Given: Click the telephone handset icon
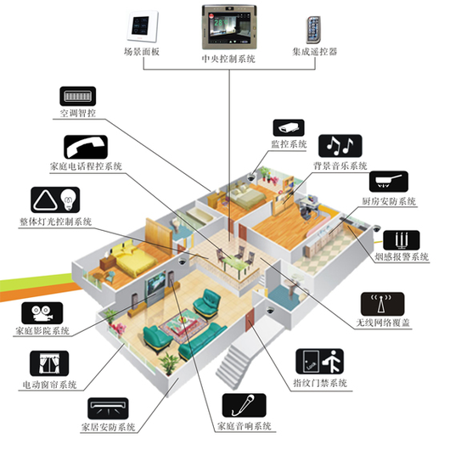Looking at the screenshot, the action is [86, 147].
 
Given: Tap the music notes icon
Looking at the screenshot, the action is [340, 146].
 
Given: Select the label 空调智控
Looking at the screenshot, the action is [78, 113].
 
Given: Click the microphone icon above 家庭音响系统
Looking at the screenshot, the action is [244, 405].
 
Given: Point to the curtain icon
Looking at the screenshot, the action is [49, 363].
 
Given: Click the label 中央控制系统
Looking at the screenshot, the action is [228, 59].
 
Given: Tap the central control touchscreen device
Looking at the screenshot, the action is [229, 27].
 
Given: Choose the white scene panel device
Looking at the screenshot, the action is [142, 26].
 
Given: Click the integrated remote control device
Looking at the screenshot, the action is [313, 30].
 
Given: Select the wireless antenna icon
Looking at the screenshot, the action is [382, 304].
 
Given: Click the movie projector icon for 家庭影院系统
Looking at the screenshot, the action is [42, 313].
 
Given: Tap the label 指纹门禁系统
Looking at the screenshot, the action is [320, 383].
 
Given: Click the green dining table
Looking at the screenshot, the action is [236, 263].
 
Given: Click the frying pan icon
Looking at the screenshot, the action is [389, 182].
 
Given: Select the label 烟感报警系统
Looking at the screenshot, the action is [402, 256].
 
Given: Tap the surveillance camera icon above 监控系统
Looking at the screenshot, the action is [289, 128].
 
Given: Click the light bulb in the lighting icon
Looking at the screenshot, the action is [69, 199].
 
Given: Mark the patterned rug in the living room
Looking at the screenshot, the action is [183, 325].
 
